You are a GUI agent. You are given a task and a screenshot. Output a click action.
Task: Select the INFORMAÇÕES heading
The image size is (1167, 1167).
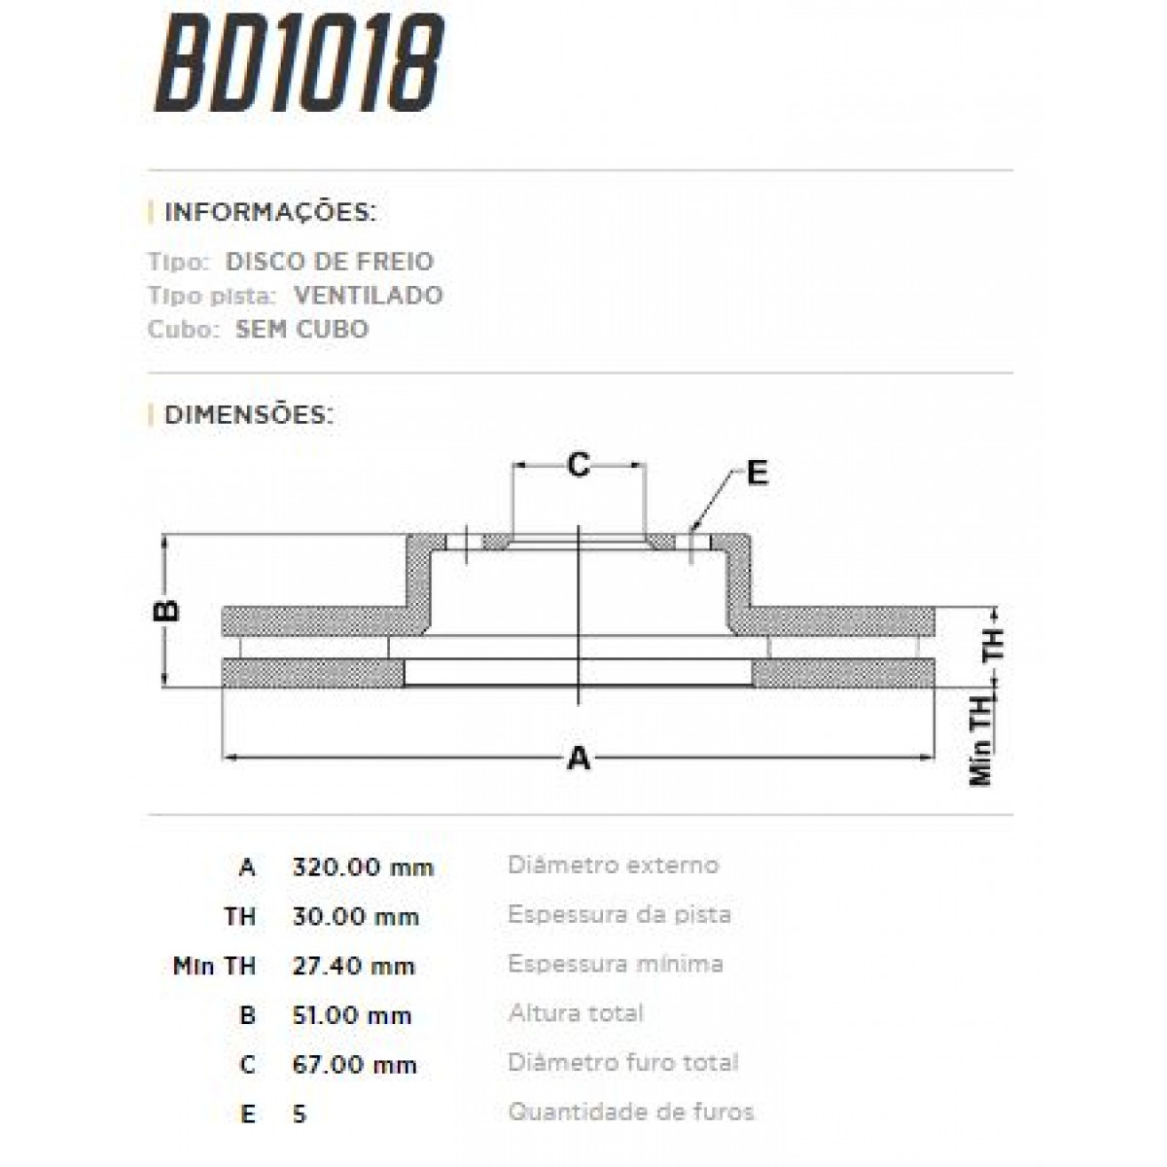click(269, 213)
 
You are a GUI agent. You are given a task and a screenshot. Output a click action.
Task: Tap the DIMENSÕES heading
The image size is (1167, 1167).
click(248, 415)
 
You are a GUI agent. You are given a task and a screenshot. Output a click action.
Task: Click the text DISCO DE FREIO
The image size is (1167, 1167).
click(329, 262)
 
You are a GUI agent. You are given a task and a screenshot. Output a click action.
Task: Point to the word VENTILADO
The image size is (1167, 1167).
click(368, 296)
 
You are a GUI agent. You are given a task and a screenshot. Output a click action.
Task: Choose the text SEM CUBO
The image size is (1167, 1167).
click(301, 330)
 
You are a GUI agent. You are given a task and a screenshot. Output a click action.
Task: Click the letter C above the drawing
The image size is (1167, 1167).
click(579, 466)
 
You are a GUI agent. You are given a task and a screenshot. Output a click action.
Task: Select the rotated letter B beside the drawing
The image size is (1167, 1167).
click(167, 611)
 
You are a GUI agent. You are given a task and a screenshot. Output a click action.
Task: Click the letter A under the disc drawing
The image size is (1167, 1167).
click(579, 758)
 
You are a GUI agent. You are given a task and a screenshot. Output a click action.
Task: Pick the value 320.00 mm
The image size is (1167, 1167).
click(363, 867)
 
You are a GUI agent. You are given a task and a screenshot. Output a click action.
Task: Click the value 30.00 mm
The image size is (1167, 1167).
click(355, 917)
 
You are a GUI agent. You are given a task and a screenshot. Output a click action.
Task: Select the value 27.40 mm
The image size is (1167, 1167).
click(353, 967)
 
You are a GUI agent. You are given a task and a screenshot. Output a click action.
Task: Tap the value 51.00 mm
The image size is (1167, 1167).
click(352, 1016)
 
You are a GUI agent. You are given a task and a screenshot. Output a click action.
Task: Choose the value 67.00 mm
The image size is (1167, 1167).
click(354, 1066)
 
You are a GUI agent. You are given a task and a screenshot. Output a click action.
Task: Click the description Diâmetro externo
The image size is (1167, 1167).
click(613, 866)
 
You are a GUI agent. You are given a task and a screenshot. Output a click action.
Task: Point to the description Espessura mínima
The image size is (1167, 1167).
click(615, 965)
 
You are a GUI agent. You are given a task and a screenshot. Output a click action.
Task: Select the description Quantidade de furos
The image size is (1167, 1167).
click(630, 1113)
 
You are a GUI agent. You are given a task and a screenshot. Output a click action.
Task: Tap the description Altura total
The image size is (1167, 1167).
click(576, 1014)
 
